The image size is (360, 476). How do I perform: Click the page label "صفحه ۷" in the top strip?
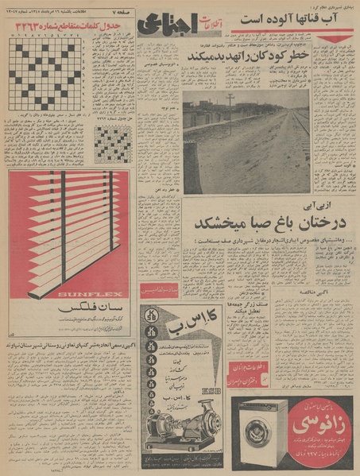[119, 7]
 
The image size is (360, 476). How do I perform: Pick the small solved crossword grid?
[112, 143]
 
